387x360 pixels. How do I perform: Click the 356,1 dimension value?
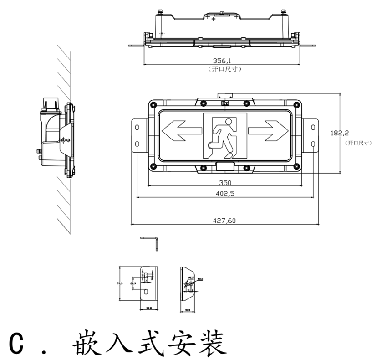click(x=222, y=61)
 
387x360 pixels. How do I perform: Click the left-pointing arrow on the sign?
click(x=181, y=130)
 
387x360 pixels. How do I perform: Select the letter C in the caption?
click(x=17, y=344)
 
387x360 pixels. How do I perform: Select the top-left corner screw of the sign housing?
click(x=153, y=105)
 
